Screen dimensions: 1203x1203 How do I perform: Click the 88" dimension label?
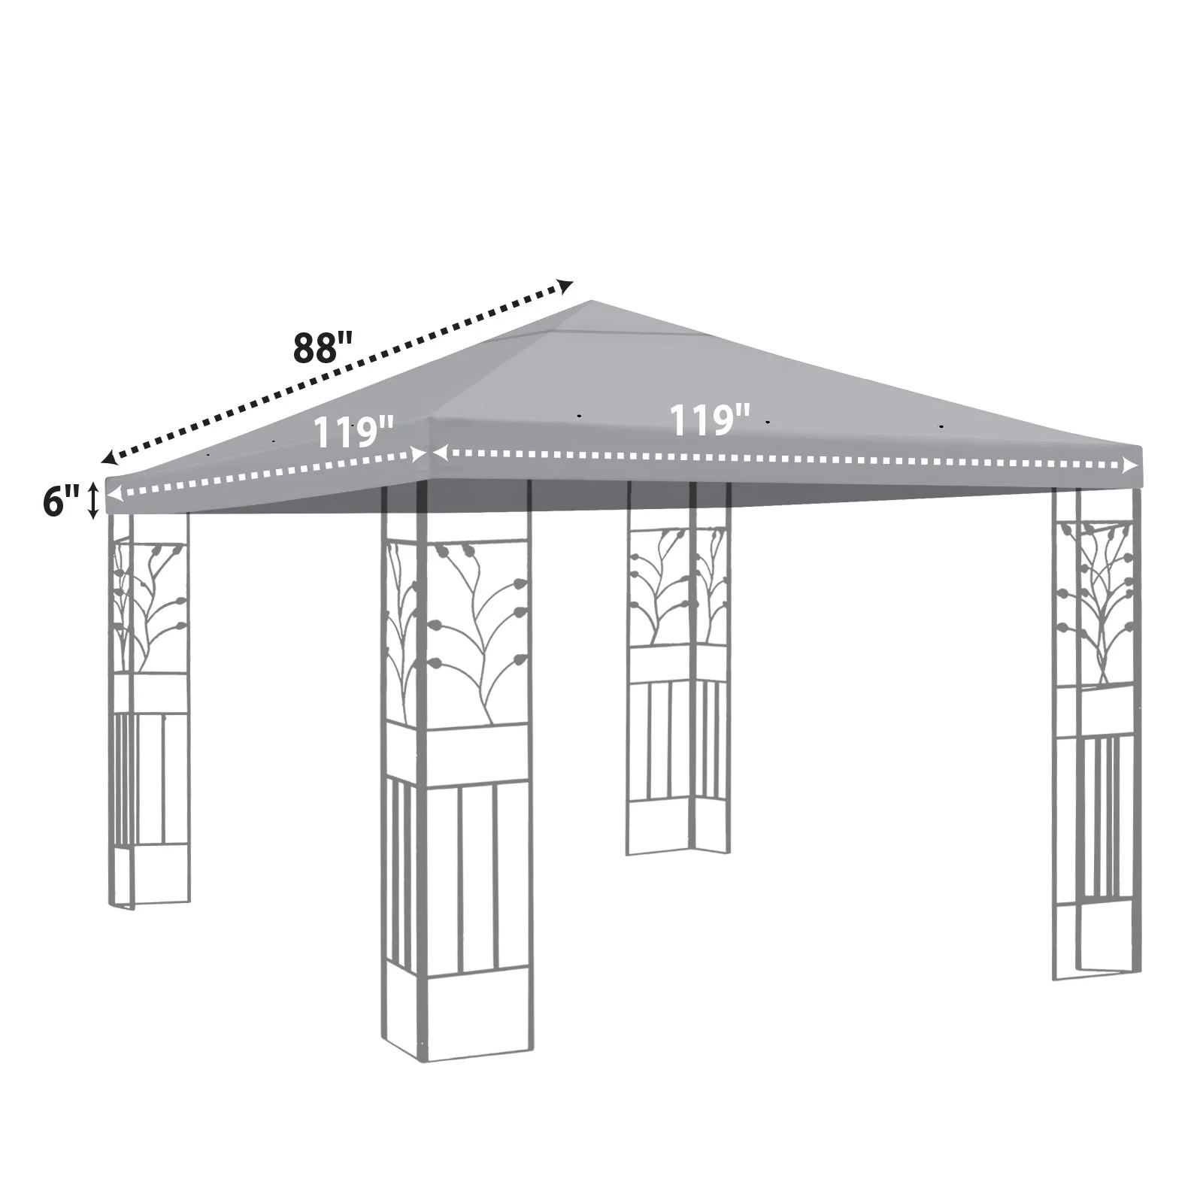pyautogui.click(x=323, y=347)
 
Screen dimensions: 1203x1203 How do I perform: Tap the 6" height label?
pyautogui.click(x=61, y=502)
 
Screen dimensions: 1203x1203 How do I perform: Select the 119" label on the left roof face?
pyautogui.click(x=353, y=432)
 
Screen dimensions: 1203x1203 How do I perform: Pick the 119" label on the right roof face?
pyautogui.click(x=710, y=420)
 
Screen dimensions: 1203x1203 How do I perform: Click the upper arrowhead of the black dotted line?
pyautogui.click(x=565, y=286)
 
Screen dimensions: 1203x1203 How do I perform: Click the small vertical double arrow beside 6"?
pyautogui.click(x=93, y=501)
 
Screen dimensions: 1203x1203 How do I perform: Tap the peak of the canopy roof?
pyautogui.click(x=592, y=302)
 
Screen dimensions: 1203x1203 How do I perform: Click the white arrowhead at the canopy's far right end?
pyautogui.click(x=1130, y=466)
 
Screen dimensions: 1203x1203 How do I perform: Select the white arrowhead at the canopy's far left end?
pyautogui.click(x=114, y=493)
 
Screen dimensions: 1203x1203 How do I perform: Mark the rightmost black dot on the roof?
pyautogui.click(x=941, y=426)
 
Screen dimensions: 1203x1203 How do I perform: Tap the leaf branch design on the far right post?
pyautogui.click(x=1095, y=601)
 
